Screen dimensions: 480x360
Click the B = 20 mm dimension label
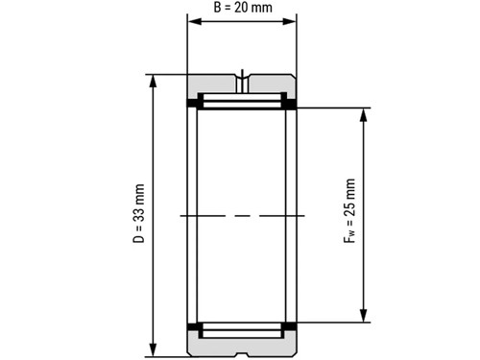tap(243, 8)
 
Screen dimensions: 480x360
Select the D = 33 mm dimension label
tap(138, 213)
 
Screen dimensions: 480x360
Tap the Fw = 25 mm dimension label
tap(349, 211)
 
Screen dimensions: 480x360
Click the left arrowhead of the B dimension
tap(195, 21)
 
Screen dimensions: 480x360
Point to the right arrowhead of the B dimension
tap(289, 21)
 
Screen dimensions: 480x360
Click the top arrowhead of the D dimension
tap(154, 82)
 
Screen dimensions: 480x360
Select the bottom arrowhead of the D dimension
tap(154, 349)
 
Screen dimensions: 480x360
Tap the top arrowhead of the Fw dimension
tap(363, 115)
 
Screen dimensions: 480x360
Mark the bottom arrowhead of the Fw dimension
tap(363, 315)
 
